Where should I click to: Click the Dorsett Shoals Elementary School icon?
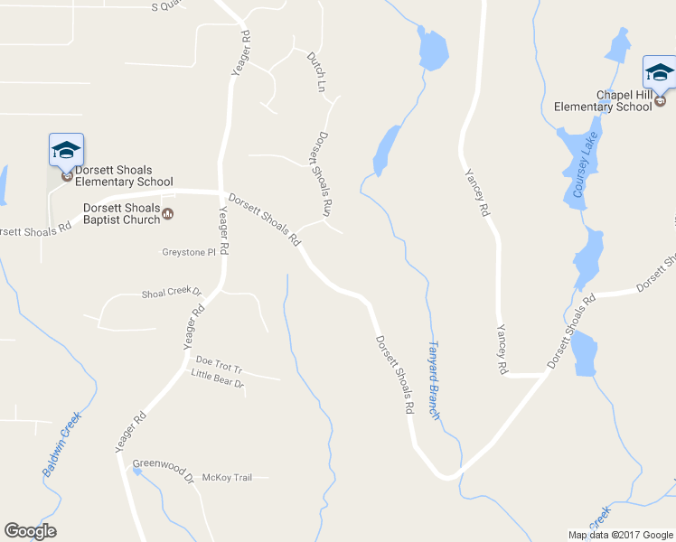pos(66,150)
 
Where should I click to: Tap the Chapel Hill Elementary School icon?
pos(659,72)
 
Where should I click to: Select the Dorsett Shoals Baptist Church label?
pos(120,213)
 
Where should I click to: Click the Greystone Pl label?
pos(189,253)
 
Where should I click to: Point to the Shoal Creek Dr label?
pos(171,294)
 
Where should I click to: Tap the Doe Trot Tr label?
pos(220,369)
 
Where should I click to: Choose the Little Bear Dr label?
pos(217,383)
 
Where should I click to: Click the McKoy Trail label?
pos(227,477)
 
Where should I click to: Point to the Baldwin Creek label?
pos(61,444)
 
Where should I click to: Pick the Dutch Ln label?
pos(315,71)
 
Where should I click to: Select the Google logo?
pos(30,531)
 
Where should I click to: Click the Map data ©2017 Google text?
pos(619,535)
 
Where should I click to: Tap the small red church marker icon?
pos(167,214)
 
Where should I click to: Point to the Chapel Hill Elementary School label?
pos(602,100)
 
